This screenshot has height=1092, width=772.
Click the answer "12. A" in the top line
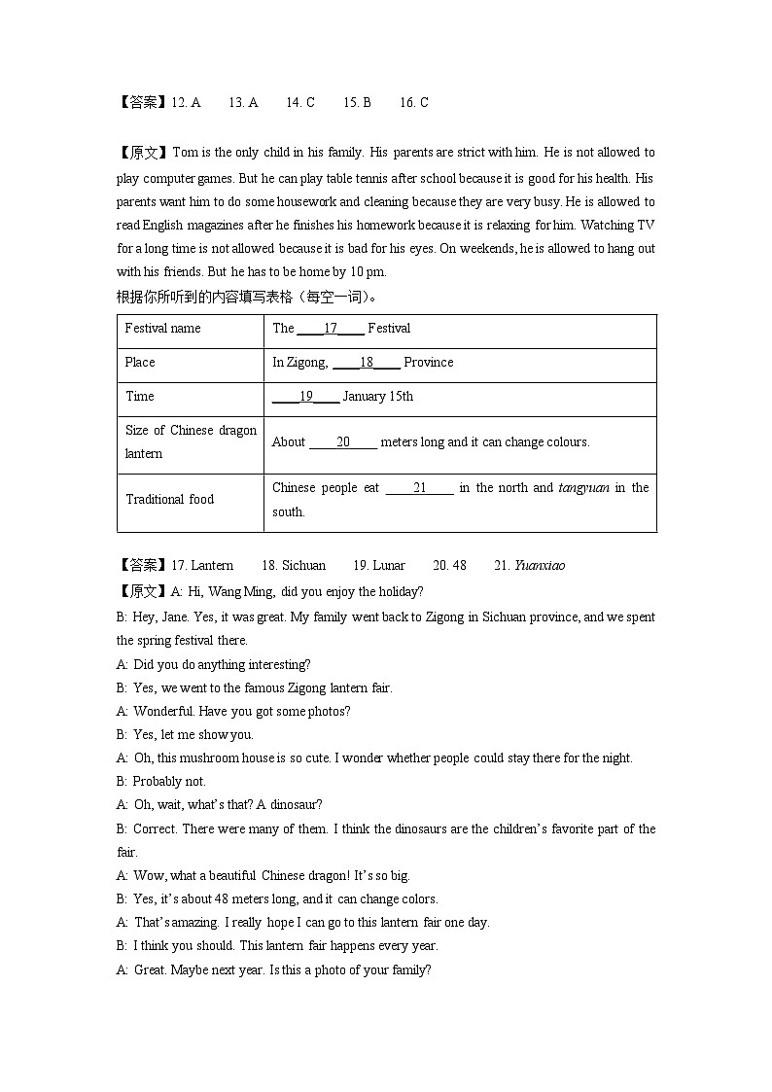click(x=186, y=102)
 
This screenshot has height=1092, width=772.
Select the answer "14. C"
click(x=299, y=102)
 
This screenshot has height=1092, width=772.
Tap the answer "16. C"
click(x=413, y=102)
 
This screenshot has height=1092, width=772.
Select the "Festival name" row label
click(x=162, y=329)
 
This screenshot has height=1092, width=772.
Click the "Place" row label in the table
click(x=140, y=363)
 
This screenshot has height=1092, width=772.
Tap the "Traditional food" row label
click(x=169, y=500)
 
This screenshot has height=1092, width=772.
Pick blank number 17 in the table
click(x=331, y=329)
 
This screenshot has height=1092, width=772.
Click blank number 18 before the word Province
click(x=367, y=363)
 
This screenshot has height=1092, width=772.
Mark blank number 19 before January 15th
click(x=305, y=397)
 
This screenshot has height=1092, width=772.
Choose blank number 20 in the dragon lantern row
click(x=343, y=442)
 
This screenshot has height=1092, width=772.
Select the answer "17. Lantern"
click(x=202, y=566)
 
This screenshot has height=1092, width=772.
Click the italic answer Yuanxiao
click(x=539, y=566)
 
